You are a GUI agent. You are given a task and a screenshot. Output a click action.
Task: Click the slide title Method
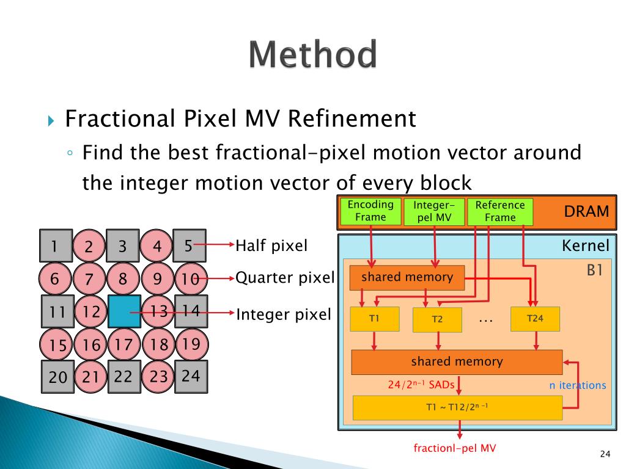[x=312, y=55]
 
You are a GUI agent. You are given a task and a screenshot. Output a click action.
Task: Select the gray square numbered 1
[x=56, y=246]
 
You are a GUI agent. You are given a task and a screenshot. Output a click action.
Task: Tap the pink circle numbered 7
[x=90, y=280]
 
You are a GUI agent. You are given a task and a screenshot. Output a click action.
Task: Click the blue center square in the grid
[x=124, y=311]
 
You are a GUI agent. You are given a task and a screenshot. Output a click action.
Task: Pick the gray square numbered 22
[x=124, y=376]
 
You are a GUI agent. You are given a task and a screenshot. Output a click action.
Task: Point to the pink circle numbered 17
[x=123, y=344]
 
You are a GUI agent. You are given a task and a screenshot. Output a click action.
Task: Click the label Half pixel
[x=271, y=246]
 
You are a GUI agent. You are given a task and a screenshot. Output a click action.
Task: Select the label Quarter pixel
[x=285, y=278]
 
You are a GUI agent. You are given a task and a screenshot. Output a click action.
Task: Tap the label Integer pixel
[x=283, y=314]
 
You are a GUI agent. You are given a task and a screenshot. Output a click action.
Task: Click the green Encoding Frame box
[x=370, y=211]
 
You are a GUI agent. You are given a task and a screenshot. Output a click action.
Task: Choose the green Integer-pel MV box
[x=434, y=212]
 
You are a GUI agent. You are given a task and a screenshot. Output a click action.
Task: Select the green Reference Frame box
[x=500, y=212]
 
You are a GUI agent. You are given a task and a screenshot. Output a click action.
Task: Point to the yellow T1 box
[x=374, y=319]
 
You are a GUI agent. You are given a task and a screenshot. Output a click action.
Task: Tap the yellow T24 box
[x=534, y=319]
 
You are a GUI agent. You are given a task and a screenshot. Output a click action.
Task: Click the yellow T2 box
[x=436, y=320]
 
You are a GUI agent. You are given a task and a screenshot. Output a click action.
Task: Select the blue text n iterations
[x=577, y=385]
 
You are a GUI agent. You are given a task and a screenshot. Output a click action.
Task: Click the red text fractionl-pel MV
[x=455, y=448]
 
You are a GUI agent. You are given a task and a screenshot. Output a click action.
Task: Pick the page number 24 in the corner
[x=605, y=453]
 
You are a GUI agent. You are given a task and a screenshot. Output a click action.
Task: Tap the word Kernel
[x=585, y=246]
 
